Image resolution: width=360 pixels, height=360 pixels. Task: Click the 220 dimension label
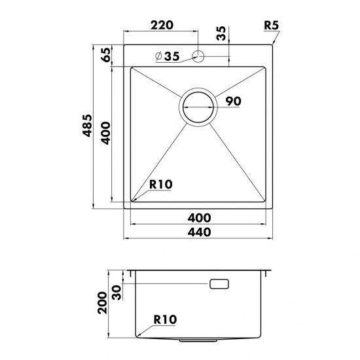161,25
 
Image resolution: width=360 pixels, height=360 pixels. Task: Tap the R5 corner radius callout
272,25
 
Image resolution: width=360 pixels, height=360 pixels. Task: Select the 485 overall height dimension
88,126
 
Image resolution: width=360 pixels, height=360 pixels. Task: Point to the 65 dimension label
106,54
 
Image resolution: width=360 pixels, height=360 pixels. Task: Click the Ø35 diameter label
168,56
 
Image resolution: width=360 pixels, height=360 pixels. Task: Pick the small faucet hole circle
198,56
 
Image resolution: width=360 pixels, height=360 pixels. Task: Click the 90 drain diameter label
233,101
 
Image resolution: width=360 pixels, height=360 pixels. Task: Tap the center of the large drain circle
198,107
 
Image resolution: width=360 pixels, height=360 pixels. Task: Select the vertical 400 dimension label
105,133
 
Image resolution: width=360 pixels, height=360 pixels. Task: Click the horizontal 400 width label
199,218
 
